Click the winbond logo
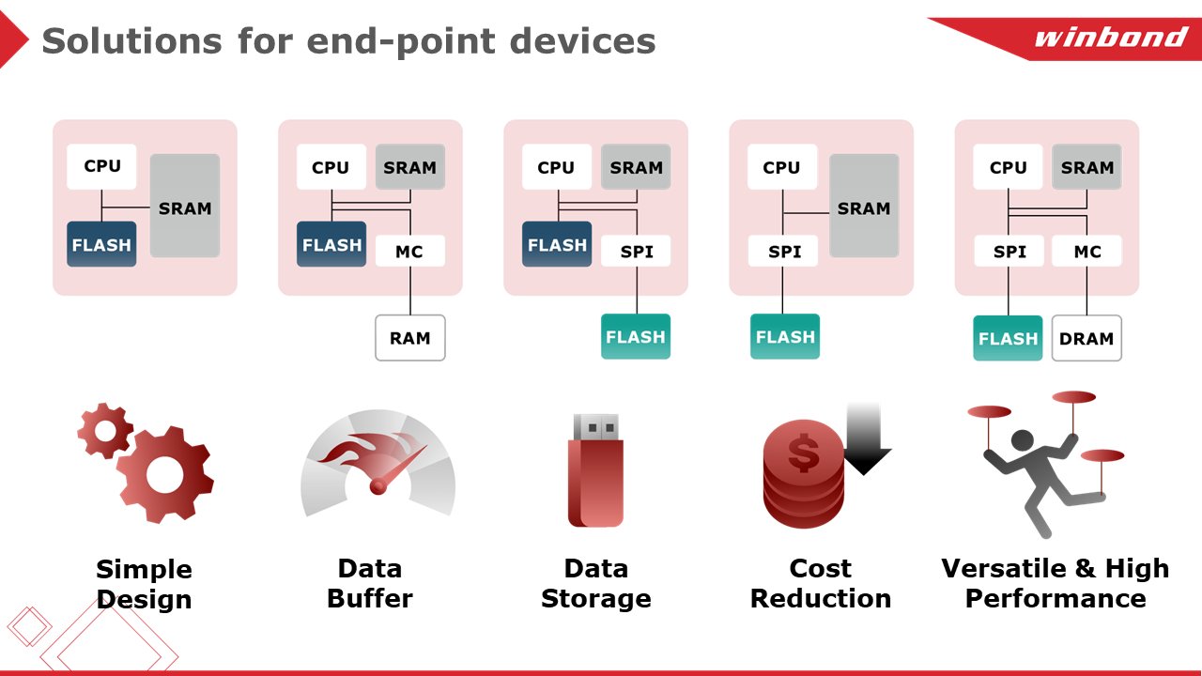pos(1111,37)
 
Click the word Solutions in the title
pos(132,41)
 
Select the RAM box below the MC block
pos(410,338)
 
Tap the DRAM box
pos(1086,339)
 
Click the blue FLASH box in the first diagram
pos(101,244)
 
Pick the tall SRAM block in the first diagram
pos(185,206)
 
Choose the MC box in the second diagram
pos(410,251)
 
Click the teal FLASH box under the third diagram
pos(636,336)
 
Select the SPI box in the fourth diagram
pos(783,251)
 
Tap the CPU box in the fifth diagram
pos(1009,167)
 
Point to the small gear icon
pos(105,430)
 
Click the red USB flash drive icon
pos(595,470)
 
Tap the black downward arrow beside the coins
pos(865,438)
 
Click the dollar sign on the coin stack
pos(803,453)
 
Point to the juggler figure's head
pos(1023,440)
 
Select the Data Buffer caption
pos(370,583)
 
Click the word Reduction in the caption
pos(821,598)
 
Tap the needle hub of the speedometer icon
pos(378,486)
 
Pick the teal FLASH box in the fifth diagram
pos(1009,338)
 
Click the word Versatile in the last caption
pos(1004,568)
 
